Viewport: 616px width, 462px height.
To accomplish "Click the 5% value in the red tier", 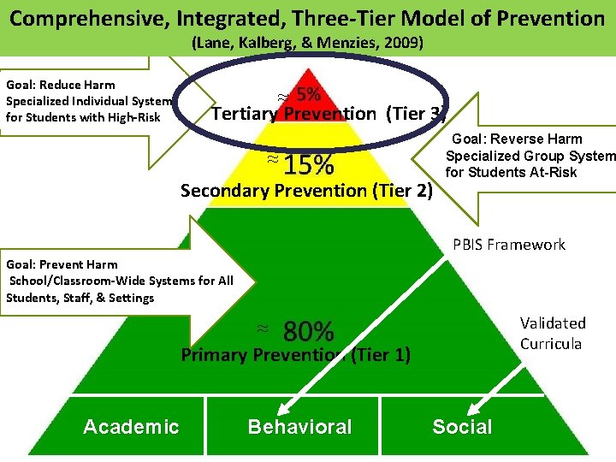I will click(309, 94).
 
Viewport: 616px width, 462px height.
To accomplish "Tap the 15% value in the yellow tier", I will click(309, 163).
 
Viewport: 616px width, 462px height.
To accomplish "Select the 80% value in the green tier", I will click(308, 330).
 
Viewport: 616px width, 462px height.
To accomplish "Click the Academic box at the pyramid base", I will click(131, 427).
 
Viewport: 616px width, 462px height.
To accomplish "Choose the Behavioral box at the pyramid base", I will click(299, 427).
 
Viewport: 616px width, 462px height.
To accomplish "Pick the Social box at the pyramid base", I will click(462, 427).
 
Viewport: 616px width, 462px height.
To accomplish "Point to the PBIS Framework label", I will click(509, 245).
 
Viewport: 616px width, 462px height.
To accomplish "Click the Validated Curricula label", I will click(553, 333).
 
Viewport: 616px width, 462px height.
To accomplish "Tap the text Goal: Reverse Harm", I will click(517, 139).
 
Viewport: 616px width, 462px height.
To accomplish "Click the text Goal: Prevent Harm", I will click(62, 264).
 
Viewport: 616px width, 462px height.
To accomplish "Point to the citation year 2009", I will click(406, 42).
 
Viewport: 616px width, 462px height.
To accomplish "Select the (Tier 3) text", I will click(416, 114).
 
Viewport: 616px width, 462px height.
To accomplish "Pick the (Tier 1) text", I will click(380, 354).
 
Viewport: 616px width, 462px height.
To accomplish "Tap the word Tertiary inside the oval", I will click(242, 114).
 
